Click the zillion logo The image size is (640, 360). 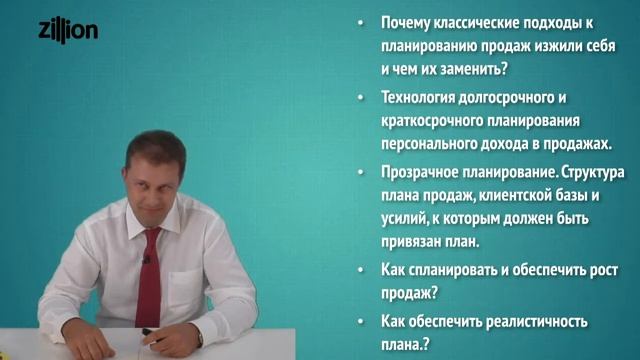coord(68,31)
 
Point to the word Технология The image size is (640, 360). coord(420,97)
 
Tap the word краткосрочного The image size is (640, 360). coord(434,120)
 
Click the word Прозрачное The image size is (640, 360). coord(421,171)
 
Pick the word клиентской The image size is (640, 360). coord(507,194)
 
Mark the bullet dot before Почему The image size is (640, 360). coord(361,24)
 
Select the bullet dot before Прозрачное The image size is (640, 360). coord(361,172)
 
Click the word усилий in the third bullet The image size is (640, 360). coord(407,217)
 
